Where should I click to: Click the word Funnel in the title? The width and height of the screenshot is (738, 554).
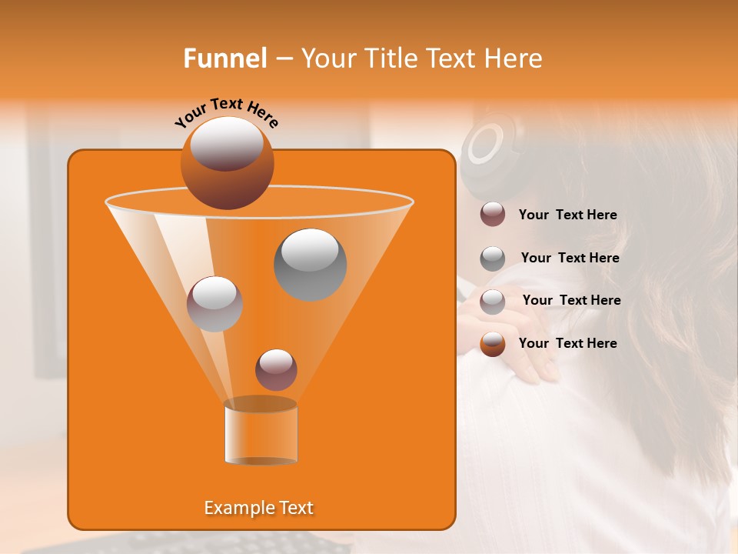pyautogui.click(x=224, y=58)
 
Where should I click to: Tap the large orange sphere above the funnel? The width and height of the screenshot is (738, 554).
pyautogui.click(x=227, y=162)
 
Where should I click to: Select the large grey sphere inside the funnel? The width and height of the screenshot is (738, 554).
pyautogui.click(x=310, y=264)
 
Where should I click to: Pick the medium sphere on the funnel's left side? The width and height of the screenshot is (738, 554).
pyautogui.click(x=214, y=304)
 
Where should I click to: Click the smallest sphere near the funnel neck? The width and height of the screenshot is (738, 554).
pyautogui.click(x=276, y=369)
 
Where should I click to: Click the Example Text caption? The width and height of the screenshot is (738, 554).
pyautogui.click(x=258, y=508)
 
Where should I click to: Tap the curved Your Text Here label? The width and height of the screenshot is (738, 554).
pyautogui.click(x=226, y=112)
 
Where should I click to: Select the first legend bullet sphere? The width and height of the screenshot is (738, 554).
pyautogui.click(x=493, y=215)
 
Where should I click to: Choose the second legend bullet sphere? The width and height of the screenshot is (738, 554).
pyautogui.click(x=493, y=259)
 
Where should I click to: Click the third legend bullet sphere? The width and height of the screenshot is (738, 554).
pyautogui.click(x=493, y=301)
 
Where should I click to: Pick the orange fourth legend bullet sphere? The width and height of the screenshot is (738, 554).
pyautogui.click(x=493, y=344)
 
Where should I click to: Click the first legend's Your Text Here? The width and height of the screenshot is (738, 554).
pyautogui.click(x=567, y=215)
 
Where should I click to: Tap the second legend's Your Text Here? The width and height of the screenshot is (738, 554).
pyautogui.click(x=570, y=258)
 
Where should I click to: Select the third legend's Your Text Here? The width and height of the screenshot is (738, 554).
pyautogui.click(x=571, y=300)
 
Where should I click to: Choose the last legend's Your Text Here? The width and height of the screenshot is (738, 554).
pyautogui.click(x=567, y=343)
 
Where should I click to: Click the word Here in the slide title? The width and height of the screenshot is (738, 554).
pyautogui.click(x=514, y=58)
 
